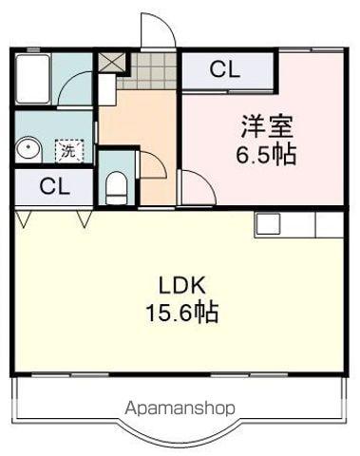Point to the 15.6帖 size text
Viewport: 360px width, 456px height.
point(182,313)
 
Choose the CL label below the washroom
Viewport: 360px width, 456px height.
point(53,186)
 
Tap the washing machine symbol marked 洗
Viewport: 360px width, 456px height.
point(68,150)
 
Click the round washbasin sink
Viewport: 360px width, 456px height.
point(28,149)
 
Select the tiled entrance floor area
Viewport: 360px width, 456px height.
point(152,69)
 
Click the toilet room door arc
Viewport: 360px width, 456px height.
point(152,163)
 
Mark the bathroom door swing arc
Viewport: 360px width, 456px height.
point(74,93)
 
